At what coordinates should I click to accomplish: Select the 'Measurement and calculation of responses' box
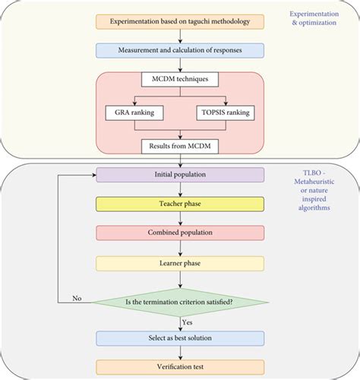coord(179,49)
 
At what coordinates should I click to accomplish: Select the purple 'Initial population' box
coord(179,174)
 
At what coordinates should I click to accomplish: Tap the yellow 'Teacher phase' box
coord(179,204)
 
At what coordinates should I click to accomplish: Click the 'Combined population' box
coord(179,233)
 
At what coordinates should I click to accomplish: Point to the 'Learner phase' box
coord(179,263)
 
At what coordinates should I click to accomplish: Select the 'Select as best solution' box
coord(179,337)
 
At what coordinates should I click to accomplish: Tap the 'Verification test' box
coord(179,366)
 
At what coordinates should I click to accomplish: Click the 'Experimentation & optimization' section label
coord(317,20)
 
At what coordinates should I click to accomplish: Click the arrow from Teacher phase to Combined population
coord(179,218)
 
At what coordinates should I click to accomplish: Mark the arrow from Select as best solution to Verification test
coord(179,352)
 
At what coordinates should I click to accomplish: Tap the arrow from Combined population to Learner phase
coord(179,248)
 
